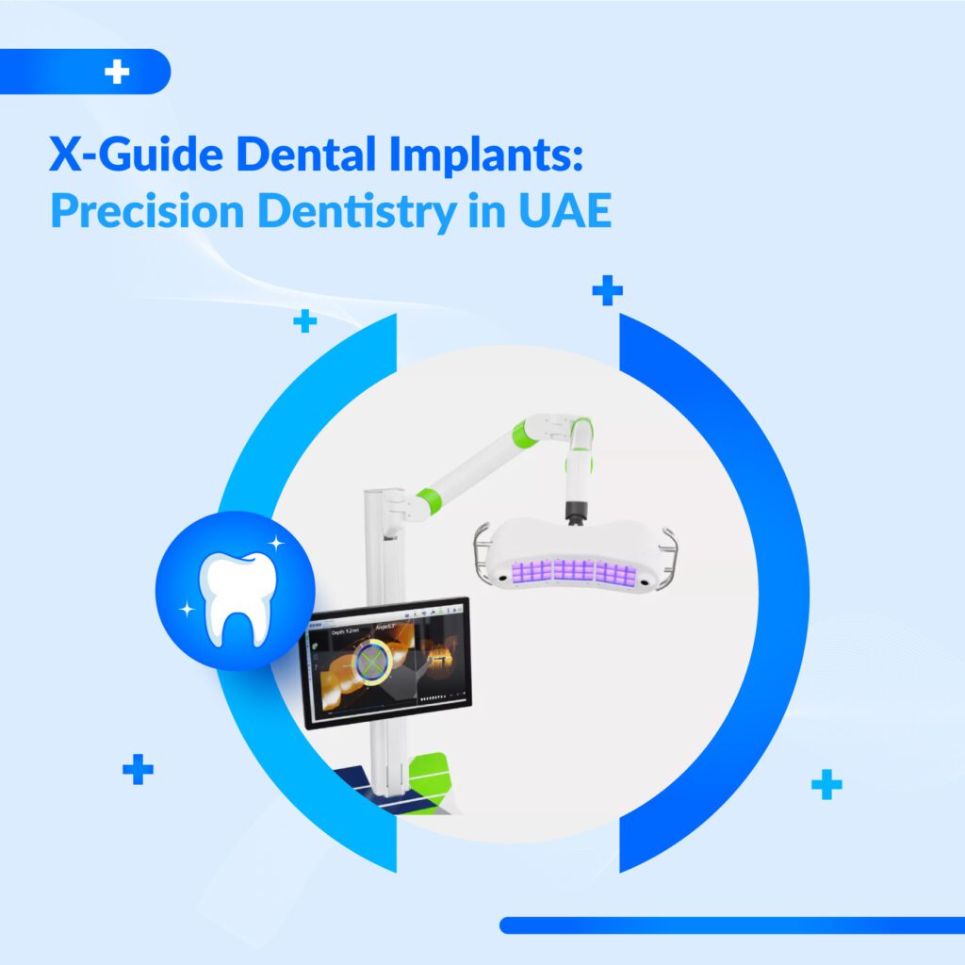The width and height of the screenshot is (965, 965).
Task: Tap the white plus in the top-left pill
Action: [117, 73]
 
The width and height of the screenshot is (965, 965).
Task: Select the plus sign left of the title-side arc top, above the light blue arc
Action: [304, 322]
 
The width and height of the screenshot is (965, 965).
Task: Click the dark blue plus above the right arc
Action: [607, 291]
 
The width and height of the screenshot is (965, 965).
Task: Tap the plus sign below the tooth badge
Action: [138, 769]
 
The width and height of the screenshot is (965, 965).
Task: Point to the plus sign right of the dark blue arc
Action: [826, 783]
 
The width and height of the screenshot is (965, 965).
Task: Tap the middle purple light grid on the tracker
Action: [574, 571]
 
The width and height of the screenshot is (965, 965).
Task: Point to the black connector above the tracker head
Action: [573, 510]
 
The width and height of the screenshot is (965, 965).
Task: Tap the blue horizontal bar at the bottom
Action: [731, 924]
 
